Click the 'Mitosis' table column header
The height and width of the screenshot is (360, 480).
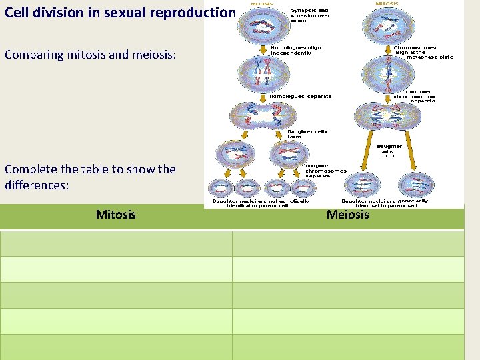tap(115, 215)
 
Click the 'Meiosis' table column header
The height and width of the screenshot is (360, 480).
tap(347, 215)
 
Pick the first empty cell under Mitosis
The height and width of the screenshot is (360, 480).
tap(115, 243)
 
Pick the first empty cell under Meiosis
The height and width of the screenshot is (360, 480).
tap(347, 243)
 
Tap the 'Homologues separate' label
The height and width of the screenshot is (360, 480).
tap(300, 97)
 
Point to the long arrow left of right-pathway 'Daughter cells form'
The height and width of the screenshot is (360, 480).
tap(370, 150)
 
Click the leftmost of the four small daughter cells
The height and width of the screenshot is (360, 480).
tap(220, 188)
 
